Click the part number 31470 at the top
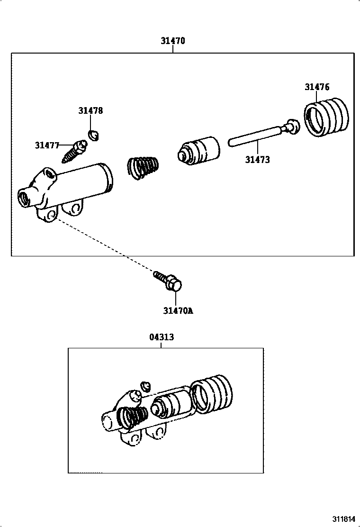coord(172,41)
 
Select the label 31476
coord(317,87)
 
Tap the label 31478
coord(90,110)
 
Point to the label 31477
coord(47,145)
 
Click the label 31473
coord(257,160)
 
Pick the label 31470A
coord(178,311)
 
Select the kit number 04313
coord(161,337)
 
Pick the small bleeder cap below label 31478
coord(94,135)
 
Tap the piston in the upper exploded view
coord(199,150)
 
